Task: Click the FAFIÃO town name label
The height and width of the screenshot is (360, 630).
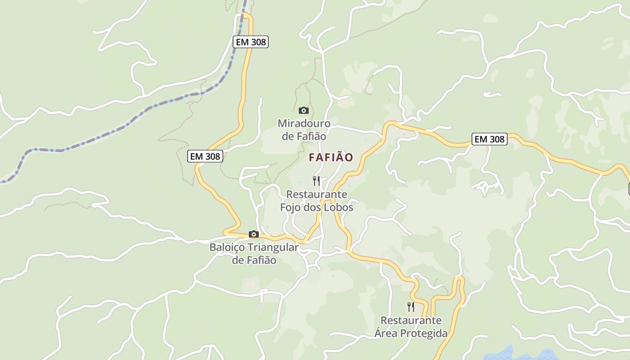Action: point(331,157)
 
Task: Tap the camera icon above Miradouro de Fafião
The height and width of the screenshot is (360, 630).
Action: point(304,110)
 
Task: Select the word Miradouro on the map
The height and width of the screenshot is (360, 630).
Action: point(304,123)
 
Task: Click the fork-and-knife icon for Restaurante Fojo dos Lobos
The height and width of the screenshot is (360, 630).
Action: point(316,181)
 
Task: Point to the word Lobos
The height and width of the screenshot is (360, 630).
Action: point(337,207)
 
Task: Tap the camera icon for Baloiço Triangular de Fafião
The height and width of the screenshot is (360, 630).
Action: point(254,234)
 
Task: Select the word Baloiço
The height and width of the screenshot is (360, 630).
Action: point(227,247)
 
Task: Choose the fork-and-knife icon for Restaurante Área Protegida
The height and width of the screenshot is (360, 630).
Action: point(410,307)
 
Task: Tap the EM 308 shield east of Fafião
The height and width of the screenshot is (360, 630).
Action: point(490,139)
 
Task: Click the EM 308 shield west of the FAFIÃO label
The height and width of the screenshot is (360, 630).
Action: point(205,156)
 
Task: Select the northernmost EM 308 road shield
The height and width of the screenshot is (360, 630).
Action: point(251,42)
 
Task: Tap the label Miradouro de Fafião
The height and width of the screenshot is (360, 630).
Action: point(304,130)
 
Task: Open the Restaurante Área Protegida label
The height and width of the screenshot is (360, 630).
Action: point(411,327)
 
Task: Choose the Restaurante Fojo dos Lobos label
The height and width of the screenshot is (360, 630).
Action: point(316,201)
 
